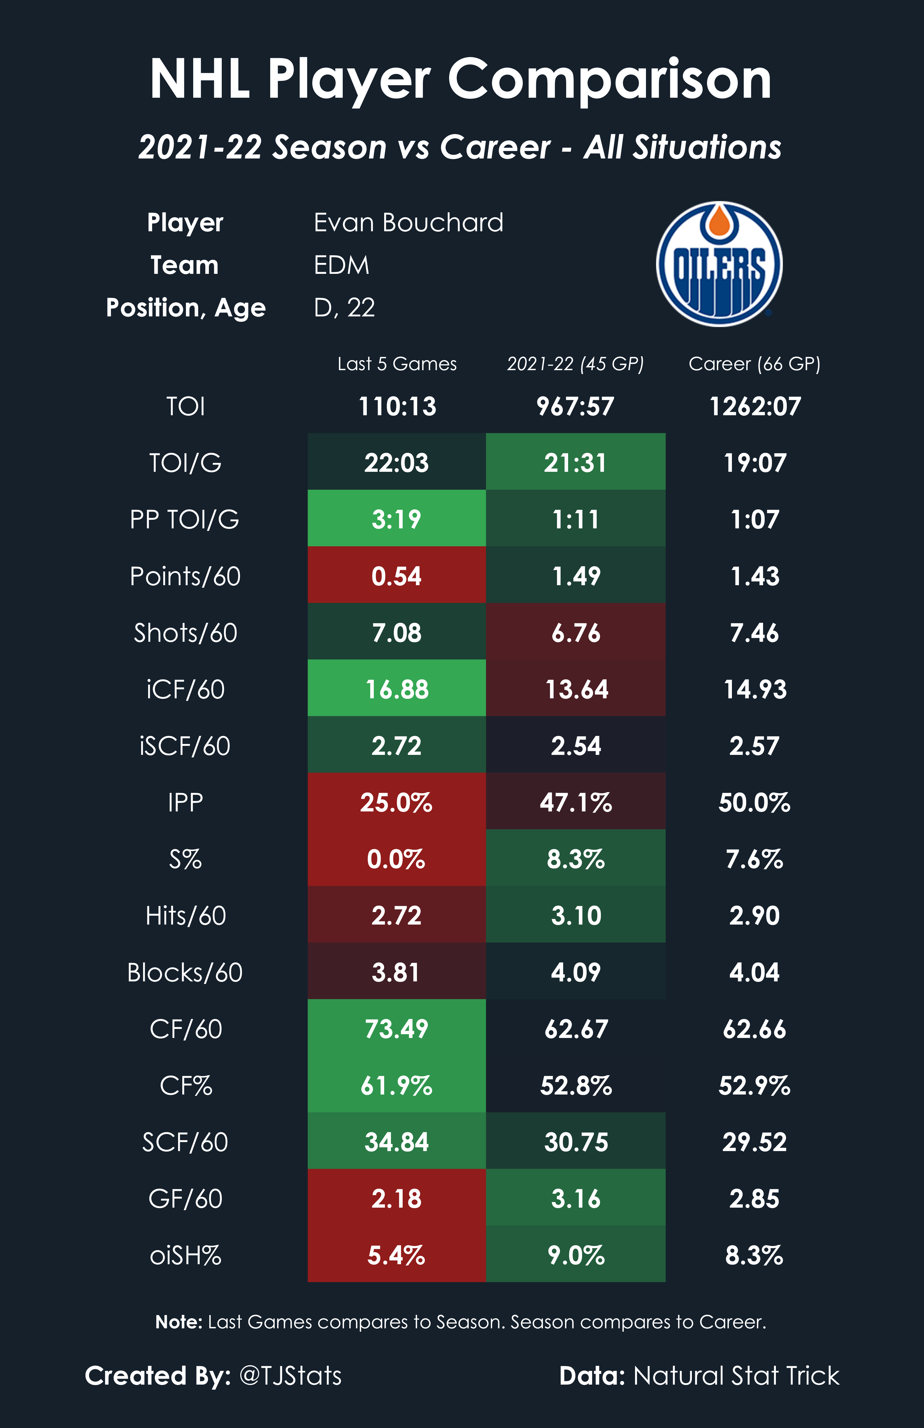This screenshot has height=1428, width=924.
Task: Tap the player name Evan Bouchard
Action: point(408,223)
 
